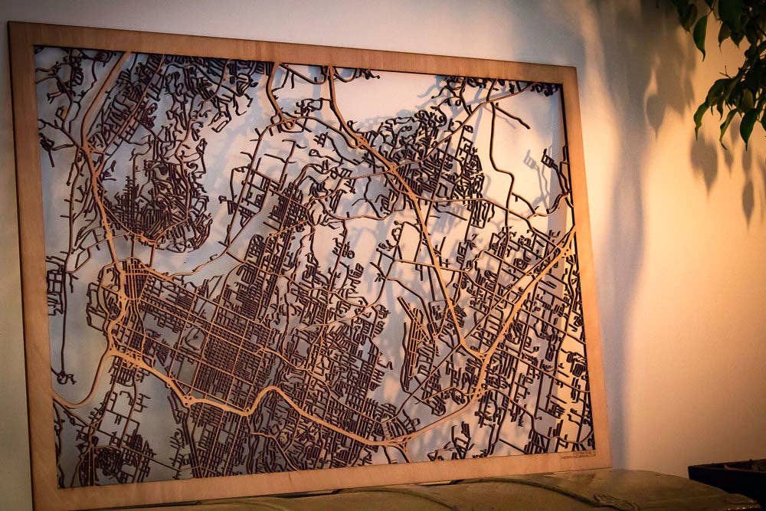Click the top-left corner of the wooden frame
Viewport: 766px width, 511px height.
[11, 24]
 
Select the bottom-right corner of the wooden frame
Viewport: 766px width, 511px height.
[610, 465]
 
